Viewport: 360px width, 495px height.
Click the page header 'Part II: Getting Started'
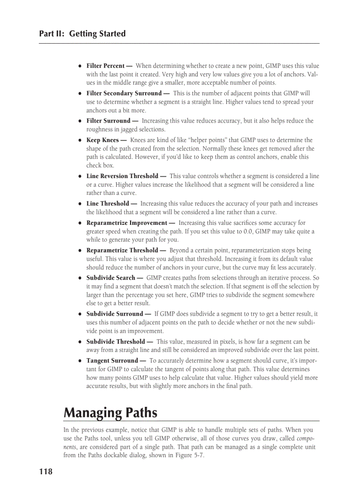coord(82,34)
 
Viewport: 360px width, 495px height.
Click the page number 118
coord(45,472)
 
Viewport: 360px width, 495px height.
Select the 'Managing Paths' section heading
coord(110,413)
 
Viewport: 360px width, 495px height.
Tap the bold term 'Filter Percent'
coord(105,66)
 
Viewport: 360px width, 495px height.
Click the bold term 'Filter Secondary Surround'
coord(124,93)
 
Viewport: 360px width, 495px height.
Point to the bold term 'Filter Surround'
coord(109,121)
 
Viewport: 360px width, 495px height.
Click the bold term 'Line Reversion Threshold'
coord(122,176)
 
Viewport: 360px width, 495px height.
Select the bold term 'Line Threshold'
coord(108,204)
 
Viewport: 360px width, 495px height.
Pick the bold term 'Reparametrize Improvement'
coord(127,223)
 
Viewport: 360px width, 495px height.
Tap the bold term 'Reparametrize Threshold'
coord(123,250)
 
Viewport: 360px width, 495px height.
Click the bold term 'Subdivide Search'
coord(111,278)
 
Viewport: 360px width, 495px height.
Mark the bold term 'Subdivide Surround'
coord(115,314)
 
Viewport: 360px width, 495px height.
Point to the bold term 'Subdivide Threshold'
coord(116,342)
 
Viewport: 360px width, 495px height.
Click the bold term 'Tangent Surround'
coord(112,361)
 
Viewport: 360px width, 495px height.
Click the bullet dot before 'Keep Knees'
coord(79,141)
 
